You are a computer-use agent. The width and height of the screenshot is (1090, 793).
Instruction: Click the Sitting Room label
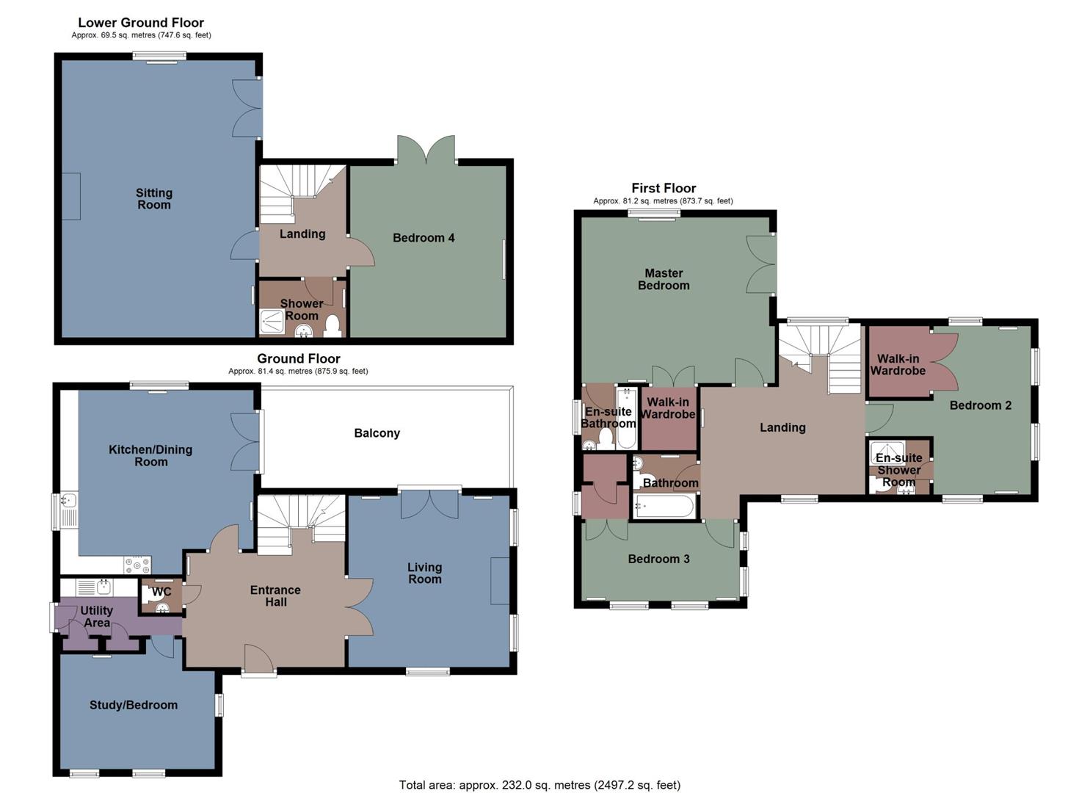pyautogui.click(x=153, y=199)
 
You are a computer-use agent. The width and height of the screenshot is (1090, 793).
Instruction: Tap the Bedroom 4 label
pyautogui.click(x=424, y=238)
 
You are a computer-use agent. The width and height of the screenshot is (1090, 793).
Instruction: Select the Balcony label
pyautogui.click(x=377, y=433)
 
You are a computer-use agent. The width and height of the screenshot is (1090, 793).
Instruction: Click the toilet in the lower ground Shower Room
pyautogui.click(x=332, y=325)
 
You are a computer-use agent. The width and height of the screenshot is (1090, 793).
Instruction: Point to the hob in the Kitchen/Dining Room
pyautogui.click(x=137, y=565)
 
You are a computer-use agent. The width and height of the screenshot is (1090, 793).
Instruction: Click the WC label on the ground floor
pyautogui.click(x=161, y=592)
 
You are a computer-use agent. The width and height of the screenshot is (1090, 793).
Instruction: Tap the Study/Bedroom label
pyautogui.click(x=133, y=705)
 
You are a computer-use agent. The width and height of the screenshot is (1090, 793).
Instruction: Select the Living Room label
pyautogui.click(x=424, y=573)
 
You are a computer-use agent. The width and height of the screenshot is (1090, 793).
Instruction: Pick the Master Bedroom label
pyautogui.click(x=664, y=279)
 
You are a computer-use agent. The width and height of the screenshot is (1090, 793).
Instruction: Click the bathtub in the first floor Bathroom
pyautogui.click(x=664, y=507)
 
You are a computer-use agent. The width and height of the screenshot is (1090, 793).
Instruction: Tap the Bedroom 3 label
pyautogui.click(x=658, y=559)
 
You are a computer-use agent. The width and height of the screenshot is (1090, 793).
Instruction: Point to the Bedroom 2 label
pyautogui.click(x=980, y=405)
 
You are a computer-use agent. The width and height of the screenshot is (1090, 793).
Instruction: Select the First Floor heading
pyautogui.click(x=664, y=188)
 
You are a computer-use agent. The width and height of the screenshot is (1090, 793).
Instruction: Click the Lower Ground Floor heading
pyautogui.click(x=141, y=23)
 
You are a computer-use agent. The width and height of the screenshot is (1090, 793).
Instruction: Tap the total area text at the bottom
pyautogui.click(x=539, y=785)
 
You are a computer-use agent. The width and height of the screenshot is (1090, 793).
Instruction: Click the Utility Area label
pyautogui.click(x=97, y=617)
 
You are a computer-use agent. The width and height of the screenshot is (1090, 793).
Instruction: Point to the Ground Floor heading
pyautogui.click(x=298, y=359)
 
